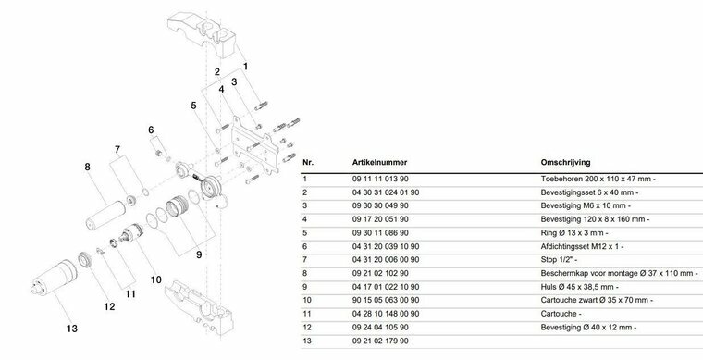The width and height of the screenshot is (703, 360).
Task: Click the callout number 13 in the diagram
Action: point(72,329)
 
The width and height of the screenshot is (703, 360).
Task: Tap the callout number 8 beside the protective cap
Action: point(87,167)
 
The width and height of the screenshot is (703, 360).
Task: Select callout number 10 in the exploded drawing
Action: point(155,279)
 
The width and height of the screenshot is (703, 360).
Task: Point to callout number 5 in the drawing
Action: point(193,106)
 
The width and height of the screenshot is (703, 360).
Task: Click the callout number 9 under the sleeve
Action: point(199,254)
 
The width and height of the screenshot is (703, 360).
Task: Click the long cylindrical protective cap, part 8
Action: point(106,215)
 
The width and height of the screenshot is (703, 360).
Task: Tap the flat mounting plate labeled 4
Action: point(255,145)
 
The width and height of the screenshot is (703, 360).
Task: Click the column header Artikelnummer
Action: point(379,162)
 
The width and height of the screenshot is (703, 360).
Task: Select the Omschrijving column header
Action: point(565,162)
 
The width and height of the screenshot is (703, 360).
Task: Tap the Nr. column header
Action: point(308,162)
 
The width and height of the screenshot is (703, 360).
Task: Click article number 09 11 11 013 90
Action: point(380,179)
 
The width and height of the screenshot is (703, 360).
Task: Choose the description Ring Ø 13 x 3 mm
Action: point(574,233)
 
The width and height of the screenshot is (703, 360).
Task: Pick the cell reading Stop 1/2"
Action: point(559,260)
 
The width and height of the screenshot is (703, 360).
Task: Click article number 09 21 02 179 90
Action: point(380,341)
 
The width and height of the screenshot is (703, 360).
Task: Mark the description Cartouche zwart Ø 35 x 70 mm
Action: point(597,301)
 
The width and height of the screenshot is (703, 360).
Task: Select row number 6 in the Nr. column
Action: point(305,246)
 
